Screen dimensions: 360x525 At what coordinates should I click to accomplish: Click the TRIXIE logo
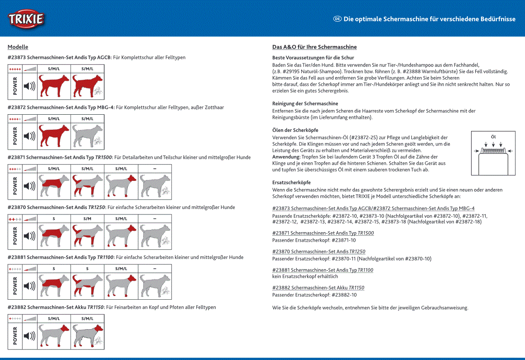[x=26, y=19]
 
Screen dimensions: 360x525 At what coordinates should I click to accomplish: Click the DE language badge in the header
[x=337, y=19]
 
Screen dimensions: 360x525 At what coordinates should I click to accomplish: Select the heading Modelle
[x=18, y=47]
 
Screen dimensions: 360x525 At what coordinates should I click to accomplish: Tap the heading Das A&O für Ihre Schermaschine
[x=314, y=47]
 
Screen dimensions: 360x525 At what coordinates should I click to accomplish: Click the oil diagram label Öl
[x=493, y=136]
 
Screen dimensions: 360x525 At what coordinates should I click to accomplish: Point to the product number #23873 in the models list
[x=17, y=58]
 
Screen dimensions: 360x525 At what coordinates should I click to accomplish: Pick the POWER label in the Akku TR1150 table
[x=15, y=336]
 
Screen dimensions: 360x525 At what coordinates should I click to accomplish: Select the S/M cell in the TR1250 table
[x=87, y=219]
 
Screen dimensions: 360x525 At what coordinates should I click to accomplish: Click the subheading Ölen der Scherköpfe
[x=295, y=130]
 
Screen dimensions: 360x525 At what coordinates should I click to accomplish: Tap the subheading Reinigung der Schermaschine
[x=305, y=104]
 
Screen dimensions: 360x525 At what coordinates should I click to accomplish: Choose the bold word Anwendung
[x=286, y=157]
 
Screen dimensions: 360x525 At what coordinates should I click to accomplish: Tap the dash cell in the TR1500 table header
[x=154, y=169]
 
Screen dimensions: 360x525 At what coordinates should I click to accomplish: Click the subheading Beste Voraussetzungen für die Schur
[x=313, y=58]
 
